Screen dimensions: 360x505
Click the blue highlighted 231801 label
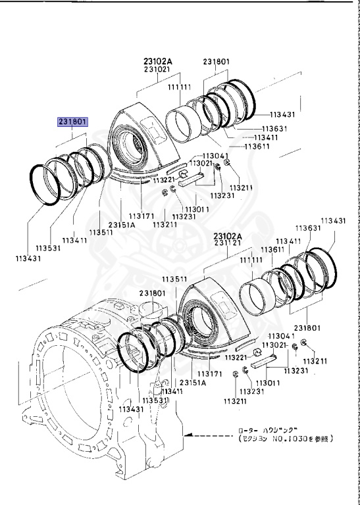point(72,122)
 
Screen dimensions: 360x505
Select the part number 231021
point(157,69)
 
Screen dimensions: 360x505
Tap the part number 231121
point(228,243)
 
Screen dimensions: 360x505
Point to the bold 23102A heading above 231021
point(158,61)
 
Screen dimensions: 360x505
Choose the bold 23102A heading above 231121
point(228,236)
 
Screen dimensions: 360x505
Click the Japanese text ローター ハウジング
point(267,430)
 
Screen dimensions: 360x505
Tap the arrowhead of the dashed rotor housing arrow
point(188,435)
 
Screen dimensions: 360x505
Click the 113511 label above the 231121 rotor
point(174,279)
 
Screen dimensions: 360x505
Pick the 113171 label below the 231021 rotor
point(141,216)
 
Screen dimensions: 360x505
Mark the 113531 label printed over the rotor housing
point(156,400)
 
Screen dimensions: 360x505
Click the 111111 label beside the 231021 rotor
point(179,87)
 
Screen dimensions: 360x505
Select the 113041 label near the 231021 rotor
point(215,156)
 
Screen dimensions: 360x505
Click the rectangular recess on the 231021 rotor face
point(153,129)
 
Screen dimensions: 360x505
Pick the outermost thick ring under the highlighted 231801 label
point(45,185)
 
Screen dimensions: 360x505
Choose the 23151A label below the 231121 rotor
point(193,383)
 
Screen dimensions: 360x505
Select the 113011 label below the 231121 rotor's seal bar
point(268,383)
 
